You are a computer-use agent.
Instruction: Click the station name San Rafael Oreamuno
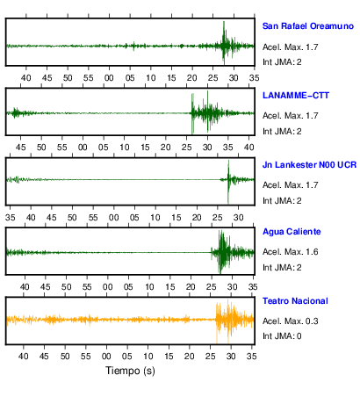tap(308, 26)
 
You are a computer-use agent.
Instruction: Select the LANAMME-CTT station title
tap(296, 96)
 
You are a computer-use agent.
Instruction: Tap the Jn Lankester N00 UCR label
tap(309, 165)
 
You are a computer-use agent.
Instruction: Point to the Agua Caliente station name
tap(292, 232)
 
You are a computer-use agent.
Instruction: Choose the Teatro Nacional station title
tap(295, 301)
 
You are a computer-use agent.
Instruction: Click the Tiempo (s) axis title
tap(130, 371)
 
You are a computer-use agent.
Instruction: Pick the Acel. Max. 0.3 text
tap(291, 321)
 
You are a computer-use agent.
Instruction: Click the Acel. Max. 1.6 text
tap(291, 252)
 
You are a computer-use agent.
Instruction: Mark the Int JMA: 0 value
tap(282, 335)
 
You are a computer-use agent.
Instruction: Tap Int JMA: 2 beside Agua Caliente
tap(282, 267)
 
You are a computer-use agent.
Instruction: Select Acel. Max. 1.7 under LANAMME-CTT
tap(291, 116)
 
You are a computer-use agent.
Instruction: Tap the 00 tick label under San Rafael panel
tap(109, 78)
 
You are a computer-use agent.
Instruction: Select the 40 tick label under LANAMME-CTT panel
tap(248, 147)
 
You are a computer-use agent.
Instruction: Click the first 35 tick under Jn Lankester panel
tap(11, 218)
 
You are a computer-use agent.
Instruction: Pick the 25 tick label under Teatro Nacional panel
tap(210, 356)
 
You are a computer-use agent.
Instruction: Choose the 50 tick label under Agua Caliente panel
tap(67, 286)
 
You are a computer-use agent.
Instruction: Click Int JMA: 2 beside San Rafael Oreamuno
tap(282, 61)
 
